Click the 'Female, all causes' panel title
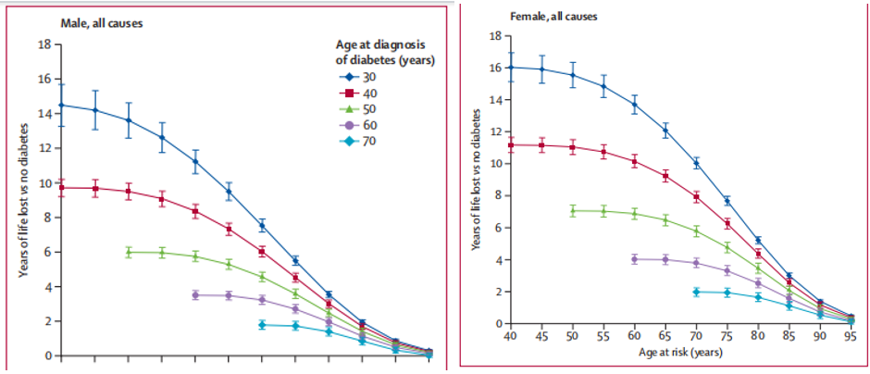pyautogui.click(x=553, y=17)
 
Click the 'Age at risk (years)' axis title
pyautogui.click(x=680, y=353)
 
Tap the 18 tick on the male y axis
pyautogui.click(x=44, y=44)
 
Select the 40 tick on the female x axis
pyautogui.click(x=509, y=336)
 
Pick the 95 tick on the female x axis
pyautogui.click(x=849, y=336)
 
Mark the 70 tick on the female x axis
pyautogui.click(x=695, y=336)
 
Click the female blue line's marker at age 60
pyautogui.click(x=634, y=105)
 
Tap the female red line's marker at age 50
pyautogui.click(x=573, y=147)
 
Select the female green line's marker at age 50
pyautogui.click(x=573, y=211)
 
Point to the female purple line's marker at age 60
pyautogui.click(x=634, y=259)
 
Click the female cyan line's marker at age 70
pyautogui.click(x=696, y=292)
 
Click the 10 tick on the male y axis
pyautogui.click(x=44, y=183)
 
